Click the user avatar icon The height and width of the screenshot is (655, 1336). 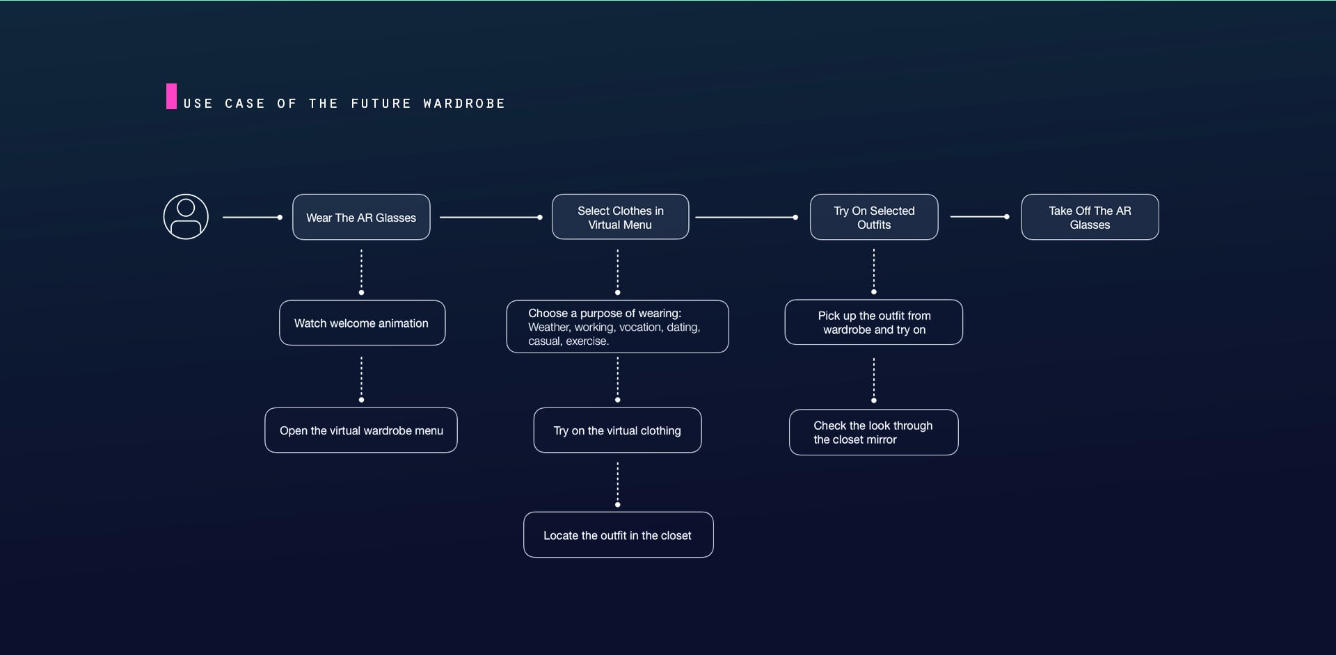tap(186, 217)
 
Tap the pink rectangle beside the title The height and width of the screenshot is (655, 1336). tap(171, 97)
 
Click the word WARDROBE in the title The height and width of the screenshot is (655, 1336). tap(464, 104)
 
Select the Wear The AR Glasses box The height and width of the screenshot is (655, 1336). tap(361, 218)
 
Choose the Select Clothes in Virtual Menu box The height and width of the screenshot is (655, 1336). tap(620, 218)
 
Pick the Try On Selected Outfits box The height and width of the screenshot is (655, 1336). tap(874, 218)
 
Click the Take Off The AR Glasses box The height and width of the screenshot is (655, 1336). tap(1090, 218)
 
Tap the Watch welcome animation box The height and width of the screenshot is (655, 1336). tap(362, 323)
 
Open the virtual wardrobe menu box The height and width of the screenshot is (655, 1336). tap(361, 430)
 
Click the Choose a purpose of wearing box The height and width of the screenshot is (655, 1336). tap(617, 327)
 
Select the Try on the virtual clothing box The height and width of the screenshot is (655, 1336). tap(617, 430)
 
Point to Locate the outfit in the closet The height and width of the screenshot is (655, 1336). tap(618, 535)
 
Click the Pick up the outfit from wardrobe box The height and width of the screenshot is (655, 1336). tap(874, 323)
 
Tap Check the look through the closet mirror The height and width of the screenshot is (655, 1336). tap(873, 432)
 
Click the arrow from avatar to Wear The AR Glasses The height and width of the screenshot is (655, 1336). tap(252, 218)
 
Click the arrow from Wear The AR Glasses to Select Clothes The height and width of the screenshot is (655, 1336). tap(491, 218)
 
